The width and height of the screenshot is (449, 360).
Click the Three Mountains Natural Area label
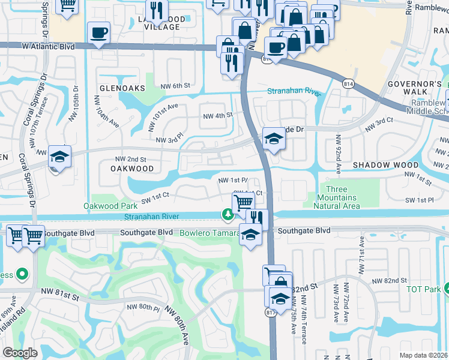pyautogui.click(x=337, y=202)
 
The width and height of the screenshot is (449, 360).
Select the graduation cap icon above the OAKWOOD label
pyautogui.click(x=60, y=157)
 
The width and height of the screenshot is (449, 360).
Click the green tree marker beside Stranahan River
pyautogui.click(x=228, y=214)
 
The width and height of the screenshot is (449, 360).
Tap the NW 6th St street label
pyautogui.click(x=175, y=86)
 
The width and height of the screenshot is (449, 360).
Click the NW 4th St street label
pyautogui.click(x=217, y=116)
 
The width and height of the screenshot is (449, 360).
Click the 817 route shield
pyautogui.click(x=269, y=312)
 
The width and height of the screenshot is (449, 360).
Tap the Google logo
pyautogui.click(x=20, y=353)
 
